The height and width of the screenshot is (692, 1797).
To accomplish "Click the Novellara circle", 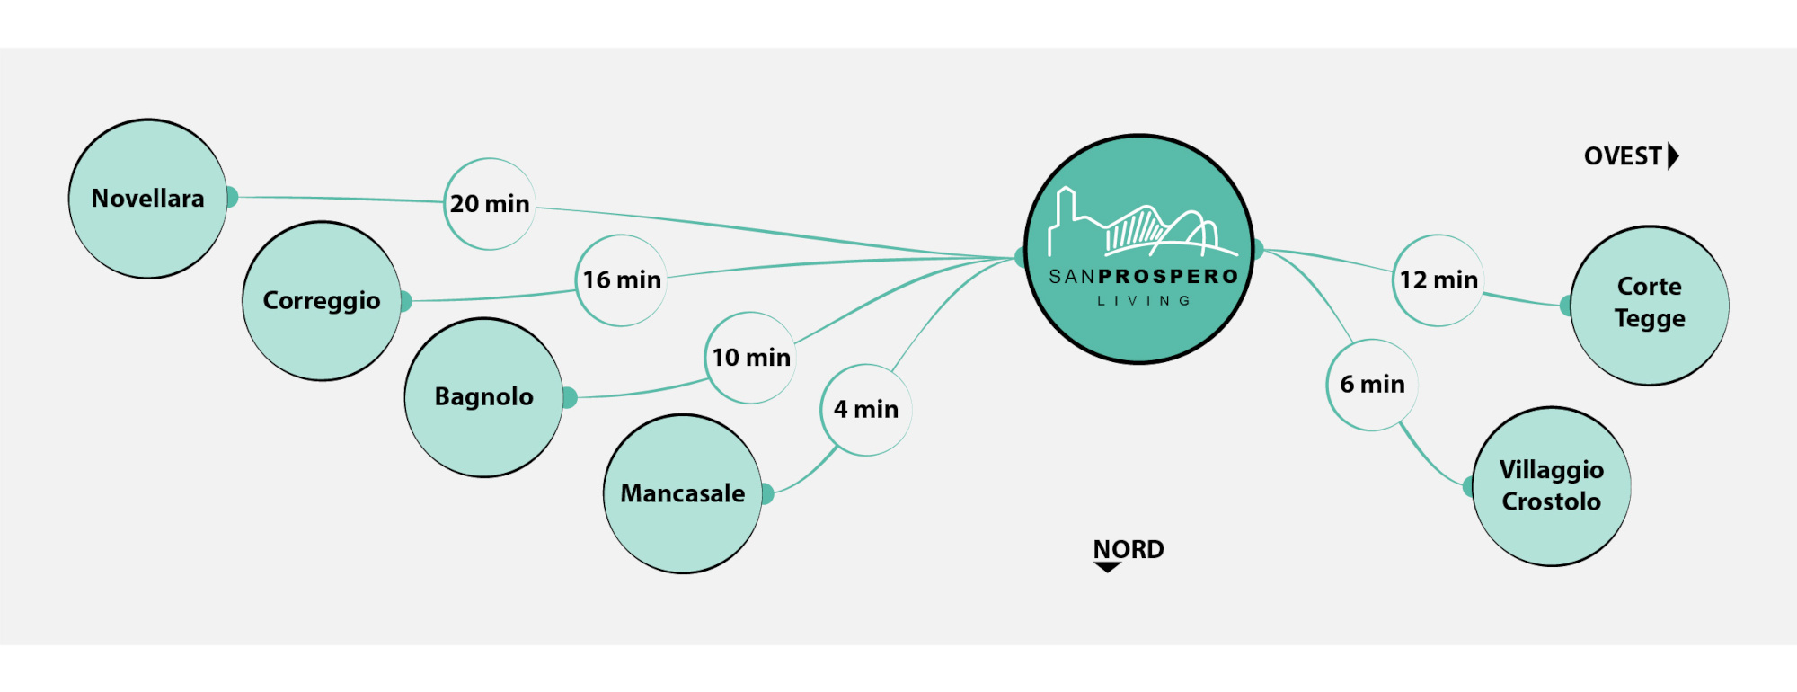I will point(148,199).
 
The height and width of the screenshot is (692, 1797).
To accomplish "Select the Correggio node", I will point(322,301).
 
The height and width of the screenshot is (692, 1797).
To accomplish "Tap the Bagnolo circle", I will point(483,397).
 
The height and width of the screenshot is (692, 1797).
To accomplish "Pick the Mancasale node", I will point(683,493).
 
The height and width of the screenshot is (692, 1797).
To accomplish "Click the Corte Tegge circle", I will point(1650,306).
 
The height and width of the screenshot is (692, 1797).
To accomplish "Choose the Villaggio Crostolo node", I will point(1552,486).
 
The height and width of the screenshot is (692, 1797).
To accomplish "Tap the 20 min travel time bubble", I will point(490,204).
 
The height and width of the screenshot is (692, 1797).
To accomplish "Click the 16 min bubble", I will point(622,280).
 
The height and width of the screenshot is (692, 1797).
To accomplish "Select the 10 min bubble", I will point(751,358).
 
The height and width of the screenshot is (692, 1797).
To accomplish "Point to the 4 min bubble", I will point(866,410).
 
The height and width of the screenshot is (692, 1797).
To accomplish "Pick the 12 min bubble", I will point(1438,280).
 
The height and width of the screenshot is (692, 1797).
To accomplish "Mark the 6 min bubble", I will point(1372,385).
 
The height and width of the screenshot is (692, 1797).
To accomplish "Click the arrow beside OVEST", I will point(1673,156).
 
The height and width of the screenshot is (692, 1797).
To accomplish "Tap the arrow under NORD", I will point(1107,567).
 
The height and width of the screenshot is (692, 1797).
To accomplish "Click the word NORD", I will point(1129,548).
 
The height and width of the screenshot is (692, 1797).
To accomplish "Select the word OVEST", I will point(1623,156).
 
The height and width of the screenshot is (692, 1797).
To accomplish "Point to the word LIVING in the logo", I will point(1144,301).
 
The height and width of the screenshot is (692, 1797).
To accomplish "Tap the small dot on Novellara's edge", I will point(231,197).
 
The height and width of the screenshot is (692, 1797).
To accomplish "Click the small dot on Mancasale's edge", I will point(766,493).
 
